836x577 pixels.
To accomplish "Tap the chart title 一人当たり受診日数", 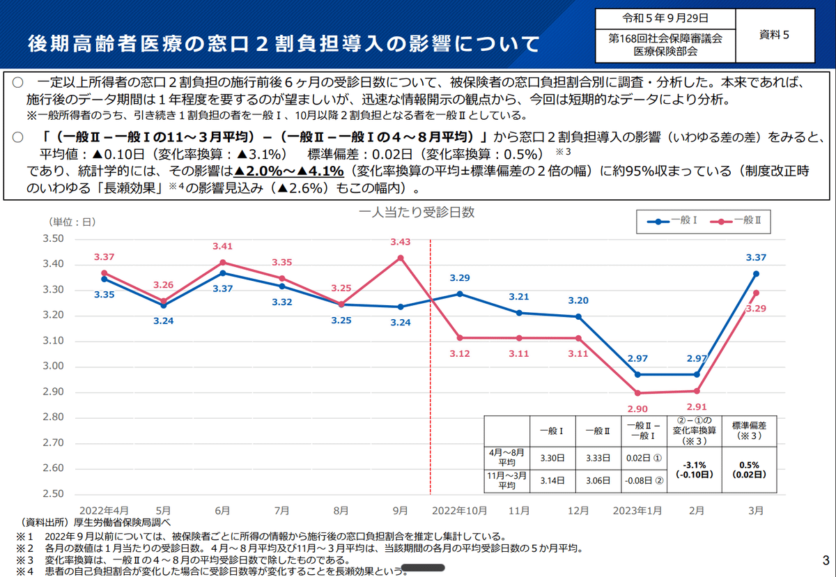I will (417, 213).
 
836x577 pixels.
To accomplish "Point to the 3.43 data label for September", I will (401, 242).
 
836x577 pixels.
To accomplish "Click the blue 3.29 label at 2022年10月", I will (460, 278).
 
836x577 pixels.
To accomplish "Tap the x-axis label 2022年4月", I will (104, 511).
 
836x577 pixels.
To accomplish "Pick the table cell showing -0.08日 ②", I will (644, 481).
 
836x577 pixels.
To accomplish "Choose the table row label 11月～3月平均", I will (506, 481).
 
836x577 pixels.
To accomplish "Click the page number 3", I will (825, 561).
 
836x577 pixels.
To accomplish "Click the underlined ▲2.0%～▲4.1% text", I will (288, 171).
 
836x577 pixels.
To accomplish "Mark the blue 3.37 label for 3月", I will (756, 257).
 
